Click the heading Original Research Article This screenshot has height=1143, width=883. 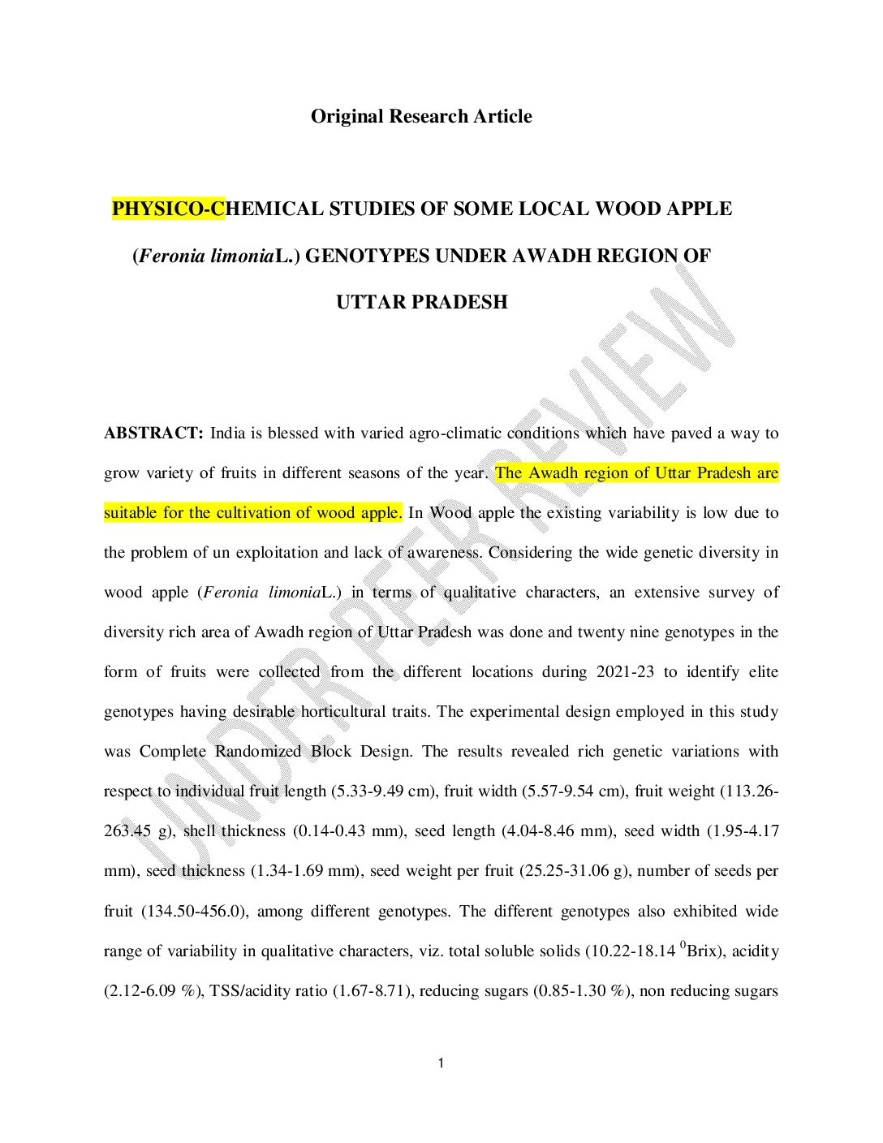(x=421, y=116)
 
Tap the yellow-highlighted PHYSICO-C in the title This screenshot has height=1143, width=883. (x=168, y=209)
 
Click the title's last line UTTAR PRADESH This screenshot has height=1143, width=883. (x=421, y=302)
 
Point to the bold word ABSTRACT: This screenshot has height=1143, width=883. (x=153, y=433)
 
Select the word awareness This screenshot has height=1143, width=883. (x=445, y=552)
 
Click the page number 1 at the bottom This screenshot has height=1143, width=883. (x=440, y=1063)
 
